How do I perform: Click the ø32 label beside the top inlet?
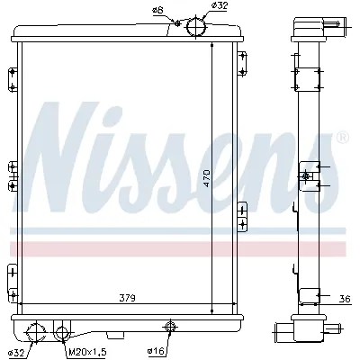219,6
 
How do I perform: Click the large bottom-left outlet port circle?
37,333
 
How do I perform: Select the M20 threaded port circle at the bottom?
61,332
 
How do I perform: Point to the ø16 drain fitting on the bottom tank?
167,326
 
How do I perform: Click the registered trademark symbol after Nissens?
342,138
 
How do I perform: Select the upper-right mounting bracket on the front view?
242,64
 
